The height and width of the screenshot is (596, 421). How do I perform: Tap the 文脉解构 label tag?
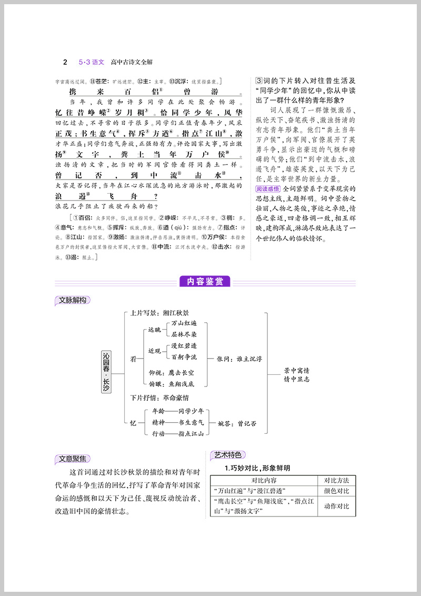coord(73,300)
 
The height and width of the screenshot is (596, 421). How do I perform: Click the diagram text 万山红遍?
coord(184,323)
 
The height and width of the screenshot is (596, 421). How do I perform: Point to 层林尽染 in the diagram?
coord(184,334)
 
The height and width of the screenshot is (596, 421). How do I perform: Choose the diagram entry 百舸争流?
coord(184,357)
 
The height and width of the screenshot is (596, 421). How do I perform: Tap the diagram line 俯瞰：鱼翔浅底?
coord(172,384)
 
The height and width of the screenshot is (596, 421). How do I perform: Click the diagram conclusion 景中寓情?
coord(297,370)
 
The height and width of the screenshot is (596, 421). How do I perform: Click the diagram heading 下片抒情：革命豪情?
coord(159,398)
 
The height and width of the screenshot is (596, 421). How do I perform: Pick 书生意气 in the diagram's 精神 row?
coord(187,422)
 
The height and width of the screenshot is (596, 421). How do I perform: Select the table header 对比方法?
coord(337,480)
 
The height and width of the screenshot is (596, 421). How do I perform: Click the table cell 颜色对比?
coord(337,491)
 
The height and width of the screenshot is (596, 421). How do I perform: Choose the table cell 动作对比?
coord(337,506)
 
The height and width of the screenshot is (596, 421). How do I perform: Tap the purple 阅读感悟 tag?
coord(268,188)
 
